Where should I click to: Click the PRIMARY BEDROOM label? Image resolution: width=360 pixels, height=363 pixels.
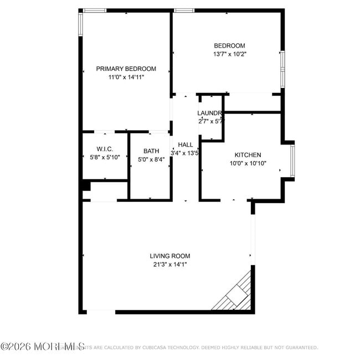click(126, 69)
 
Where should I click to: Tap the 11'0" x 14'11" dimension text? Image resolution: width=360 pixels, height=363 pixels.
click(126, 77)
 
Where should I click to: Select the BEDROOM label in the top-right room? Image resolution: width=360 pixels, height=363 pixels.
click(229, 45)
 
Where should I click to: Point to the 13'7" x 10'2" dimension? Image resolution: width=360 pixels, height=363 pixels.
click(229, 54)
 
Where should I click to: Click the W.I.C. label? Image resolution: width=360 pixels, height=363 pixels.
click(105, 149)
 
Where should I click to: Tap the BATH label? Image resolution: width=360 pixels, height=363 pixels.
click(151, 151)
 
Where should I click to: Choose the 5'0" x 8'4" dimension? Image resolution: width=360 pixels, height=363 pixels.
click(151, 160)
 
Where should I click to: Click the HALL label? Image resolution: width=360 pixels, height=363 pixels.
click(186, 144)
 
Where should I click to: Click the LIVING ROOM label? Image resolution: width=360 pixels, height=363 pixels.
click(169, 256)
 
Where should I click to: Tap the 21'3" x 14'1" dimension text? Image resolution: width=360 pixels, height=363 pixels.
click(169, 265)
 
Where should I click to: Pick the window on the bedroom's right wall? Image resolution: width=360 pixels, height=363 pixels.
click(282, 69)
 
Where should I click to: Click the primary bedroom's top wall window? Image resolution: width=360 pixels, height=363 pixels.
click(95, 10)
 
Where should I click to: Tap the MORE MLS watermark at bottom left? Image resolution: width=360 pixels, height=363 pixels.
click(43, 347)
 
